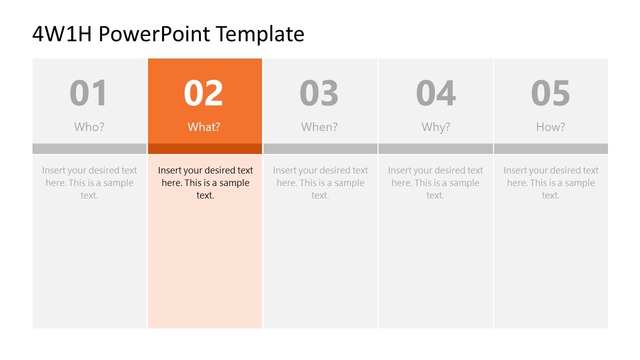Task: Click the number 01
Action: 88,93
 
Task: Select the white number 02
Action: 203,93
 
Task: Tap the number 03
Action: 319,93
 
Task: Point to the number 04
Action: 435,93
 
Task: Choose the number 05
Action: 550,93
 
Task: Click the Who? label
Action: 89,127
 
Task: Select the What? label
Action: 204,127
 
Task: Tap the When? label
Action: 319,127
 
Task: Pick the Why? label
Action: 435,127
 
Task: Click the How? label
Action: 550,127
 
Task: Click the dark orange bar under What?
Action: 205,148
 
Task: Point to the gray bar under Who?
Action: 89,148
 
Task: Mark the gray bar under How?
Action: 551,148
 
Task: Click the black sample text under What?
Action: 205,182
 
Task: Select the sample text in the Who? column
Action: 89,182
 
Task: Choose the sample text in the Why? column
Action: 435,182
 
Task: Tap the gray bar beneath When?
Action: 320,148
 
